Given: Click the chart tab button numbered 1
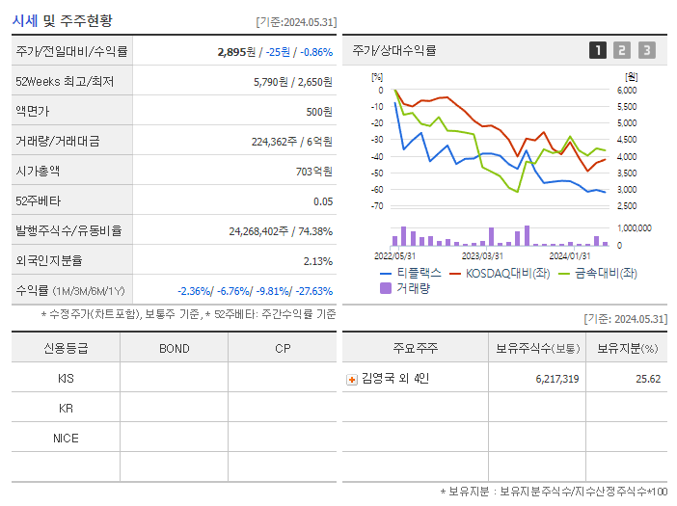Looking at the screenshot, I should [598, 50].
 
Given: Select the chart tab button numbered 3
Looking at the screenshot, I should [646, 50].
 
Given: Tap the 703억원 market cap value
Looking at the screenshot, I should [314, 172].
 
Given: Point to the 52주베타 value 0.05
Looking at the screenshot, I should [323, 201].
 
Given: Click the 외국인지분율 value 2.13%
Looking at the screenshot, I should [317, 261].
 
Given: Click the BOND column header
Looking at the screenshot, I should [174, 348].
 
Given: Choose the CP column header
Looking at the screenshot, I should [283, 348].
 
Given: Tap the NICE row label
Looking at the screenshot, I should [66, 439].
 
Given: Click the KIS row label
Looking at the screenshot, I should [66, 379].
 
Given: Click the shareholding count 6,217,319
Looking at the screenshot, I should [556, 380].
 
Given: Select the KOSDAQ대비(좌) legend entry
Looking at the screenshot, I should [501, 273].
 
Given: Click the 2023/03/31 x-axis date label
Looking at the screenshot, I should [482, 255].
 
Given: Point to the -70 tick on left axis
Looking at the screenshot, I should [377, 206].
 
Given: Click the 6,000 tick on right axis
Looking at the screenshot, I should [626, 90].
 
